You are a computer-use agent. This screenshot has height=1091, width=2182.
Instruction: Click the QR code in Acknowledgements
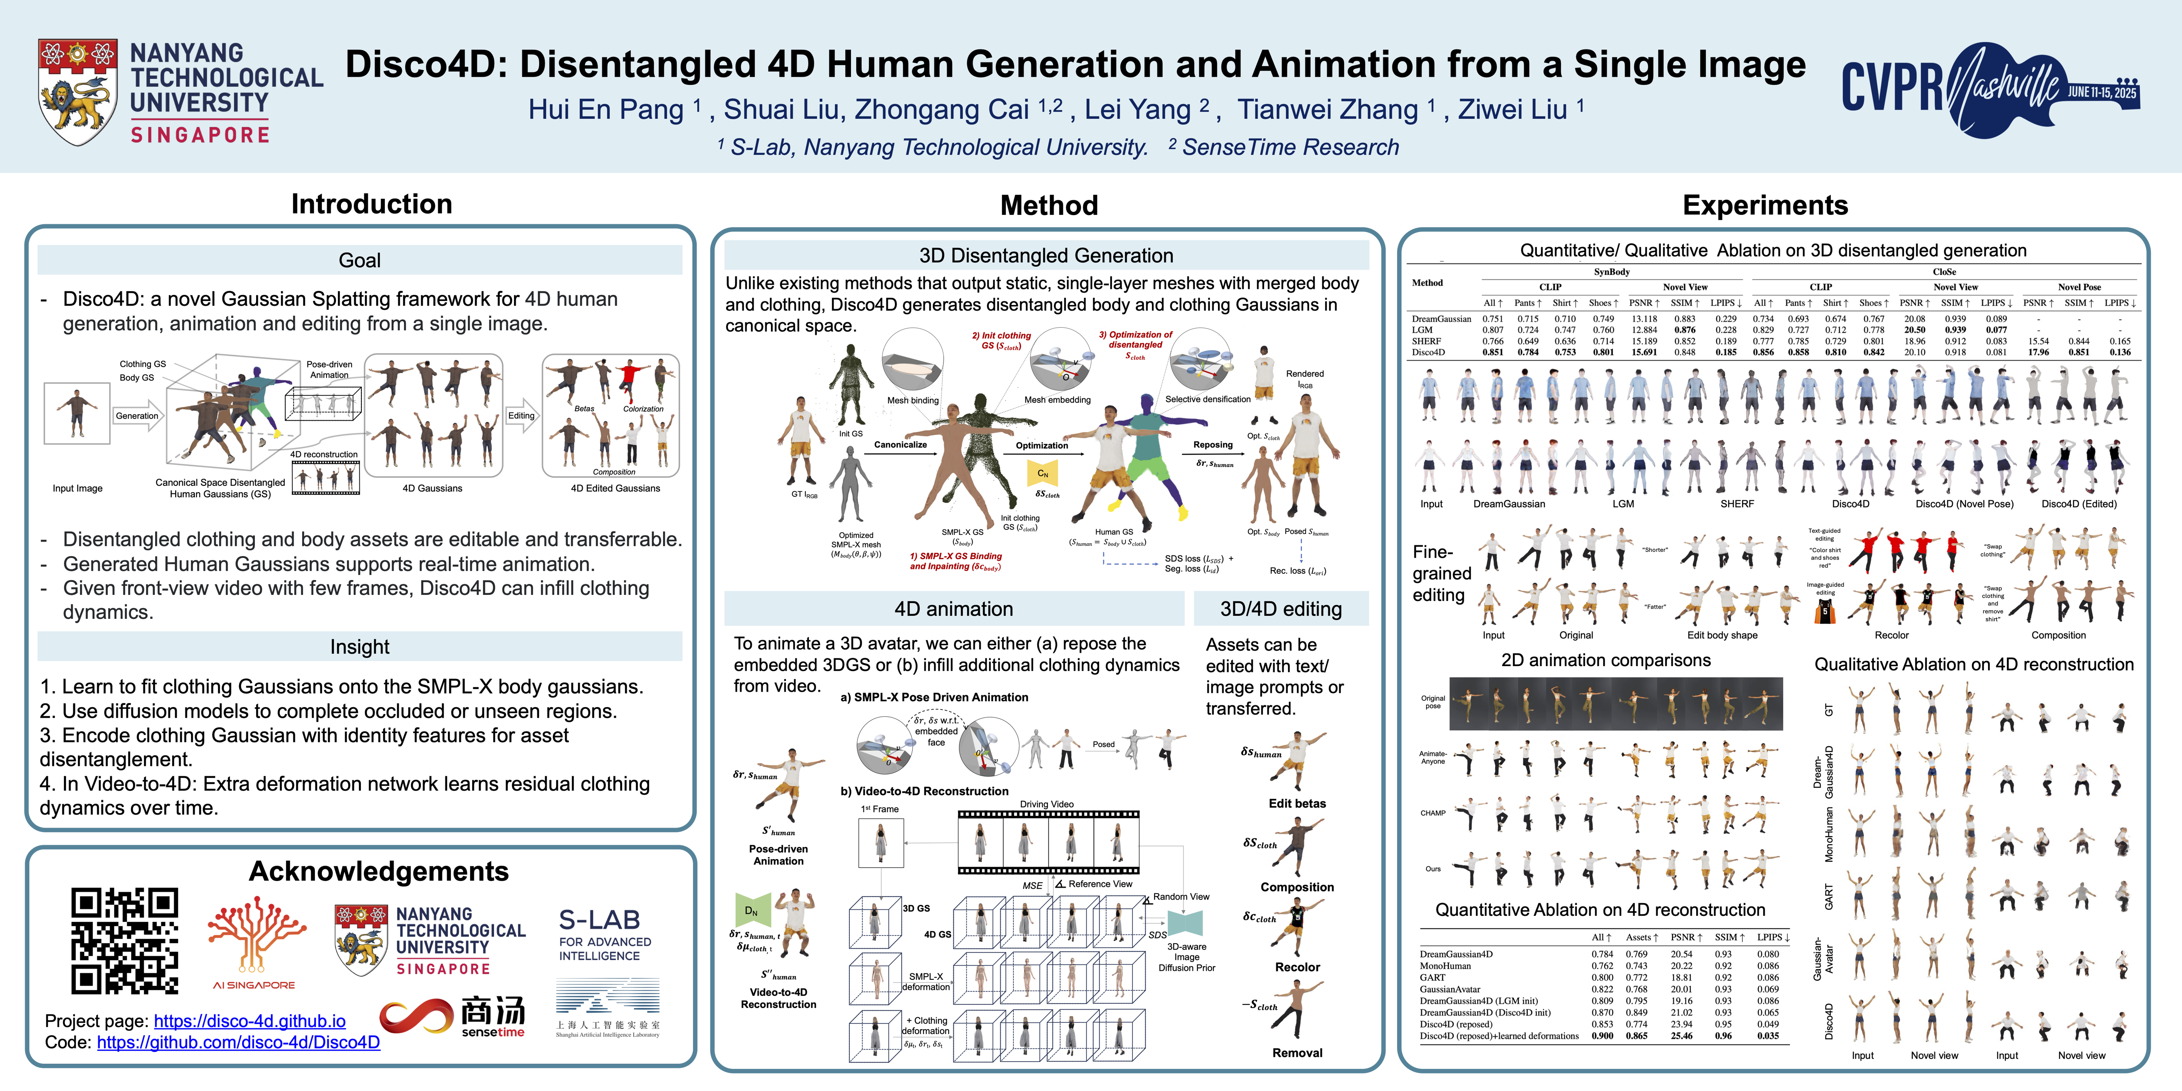(x=124, y=940)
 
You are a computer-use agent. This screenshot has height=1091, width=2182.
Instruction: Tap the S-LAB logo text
(x=600, y=920)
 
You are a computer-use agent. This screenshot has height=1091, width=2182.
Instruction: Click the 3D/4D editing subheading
(x=1281, y=609)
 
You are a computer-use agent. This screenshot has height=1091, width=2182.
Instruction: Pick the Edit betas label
(x=1297, y=803)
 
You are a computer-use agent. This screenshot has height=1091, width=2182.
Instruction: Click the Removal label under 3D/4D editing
(x=1297, y=1053)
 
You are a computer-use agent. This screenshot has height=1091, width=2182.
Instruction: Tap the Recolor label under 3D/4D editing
(x=1297, y=967)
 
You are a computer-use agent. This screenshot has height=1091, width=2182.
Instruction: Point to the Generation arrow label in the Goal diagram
(x=137, y=416)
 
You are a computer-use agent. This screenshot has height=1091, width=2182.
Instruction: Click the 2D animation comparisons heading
(x=1605, y=660)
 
